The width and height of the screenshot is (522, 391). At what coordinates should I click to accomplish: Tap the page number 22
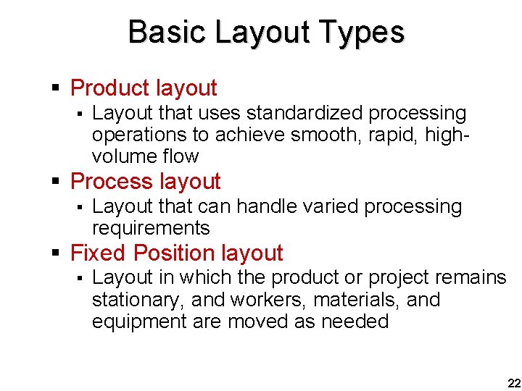pyautogui.click(x=513, y=382)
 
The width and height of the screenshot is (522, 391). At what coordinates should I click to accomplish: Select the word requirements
pyautogui.click(x=151, y=229)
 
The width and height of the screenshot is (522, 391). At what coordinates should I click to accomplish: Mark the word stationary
pyautogui.click(x=136, y=300)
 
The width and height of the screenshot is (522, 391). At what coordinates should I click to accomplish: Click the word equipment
pyautogui.click(x=139, y=321)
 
